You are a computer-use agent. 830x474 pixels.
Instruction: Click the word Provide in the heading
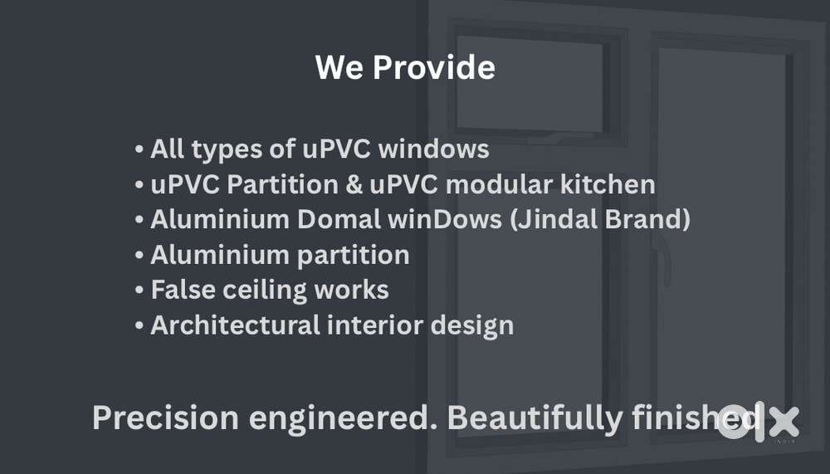434,67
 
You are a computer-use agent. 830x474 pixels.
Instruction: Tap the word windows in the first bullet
433,149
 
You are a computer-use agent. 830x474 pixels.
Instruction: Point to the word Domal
339,219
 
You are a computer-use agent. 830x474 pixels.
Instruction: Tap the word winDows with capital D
445,219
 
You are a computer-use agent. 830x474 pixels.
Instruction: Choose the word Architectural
235,325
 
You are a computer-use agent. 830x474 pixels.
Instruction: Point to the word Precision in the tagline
165,418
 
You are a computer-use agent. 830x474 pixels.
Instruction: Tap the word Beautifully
535,418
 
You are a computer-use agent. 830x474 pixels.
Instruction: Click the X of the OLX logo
784,422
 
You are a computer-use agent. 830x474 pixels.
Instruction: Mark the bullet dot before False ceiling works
139,291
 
